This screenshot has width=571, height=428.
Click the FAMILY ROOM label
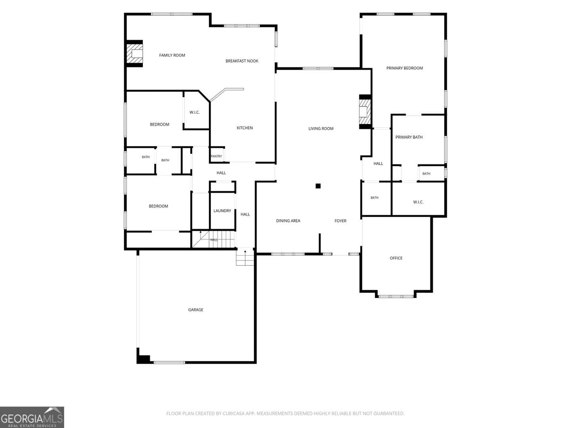pos(172,55)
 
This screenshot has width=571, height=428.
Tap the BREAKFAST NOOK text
pos(241,61)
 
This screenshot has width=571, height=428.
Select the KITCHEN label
pos(245,128)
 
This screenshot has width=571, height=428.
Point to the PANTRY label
pos(217,156)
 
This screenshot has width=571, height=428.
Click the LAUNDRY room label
pos(222,211)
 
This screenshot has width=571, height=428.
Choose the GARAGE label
pos(195,310)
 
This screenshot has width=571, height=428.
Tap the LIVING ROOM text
pos(321,129)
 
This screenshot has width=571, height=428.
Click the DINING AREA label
pos(288,221)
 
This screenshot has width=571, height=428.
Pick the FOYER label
pos(340,221)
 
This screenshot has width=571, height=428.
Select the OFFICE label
pos(396,258)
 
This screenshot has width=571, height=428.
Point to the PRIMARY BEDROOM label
pos(404,68)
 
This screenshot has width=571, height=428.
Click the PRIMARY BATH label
pos(409,137)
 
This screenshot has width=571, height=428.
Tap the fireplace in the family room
pos(134,53)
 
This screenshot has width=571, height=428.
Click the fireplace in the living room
pos(365,112)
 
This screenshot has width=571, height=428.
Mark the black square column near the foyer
pos(318,186)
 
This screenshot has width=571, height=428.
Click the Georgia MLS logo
pos(32,417)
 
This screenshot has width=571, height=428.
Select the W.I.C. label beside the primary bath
pos(418,202)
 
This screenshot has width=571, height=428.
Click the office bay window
pos(396,296)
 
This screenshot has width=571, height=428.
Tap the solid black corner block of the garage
pos(143,359)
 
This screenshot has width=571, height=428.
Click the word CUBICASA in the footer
pos(233,413)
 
